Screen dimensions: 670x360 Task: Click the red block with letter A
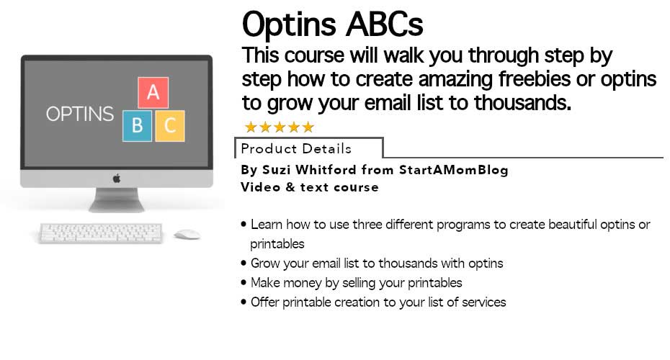(153, 93)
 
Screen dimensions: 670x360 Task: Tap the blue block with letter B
(137, 126)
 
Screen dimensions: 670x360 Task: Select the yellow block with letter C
(170, 126)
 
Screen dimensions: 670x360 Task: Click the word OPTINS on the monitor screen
(80, 114)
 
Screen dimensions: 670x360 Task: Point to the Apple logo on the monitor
(117, 179)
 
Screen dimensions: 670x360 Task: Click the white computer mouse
(187, 234)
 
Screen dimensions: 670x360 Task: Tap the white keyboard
(100, 233)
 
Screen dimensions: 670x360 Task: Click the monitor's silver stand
(117, 200)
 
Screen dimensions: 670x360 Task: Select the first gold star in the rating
(251, 127)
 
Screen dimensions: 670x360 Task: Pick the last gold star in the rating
(308, 127)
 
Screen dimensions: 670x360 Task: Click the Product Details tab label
(296, 148)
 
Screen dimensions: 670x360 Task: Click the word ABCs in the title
(384, 24)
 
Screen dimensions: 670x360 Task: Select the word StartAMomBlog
(453, 169)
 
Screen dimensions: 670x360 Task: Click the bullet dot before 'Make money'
(244, 282)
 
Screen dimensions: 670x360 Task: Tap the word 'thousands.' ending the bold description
(522, 102)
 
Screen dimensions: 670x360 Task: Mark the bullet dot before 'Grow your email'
(244, 263)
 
